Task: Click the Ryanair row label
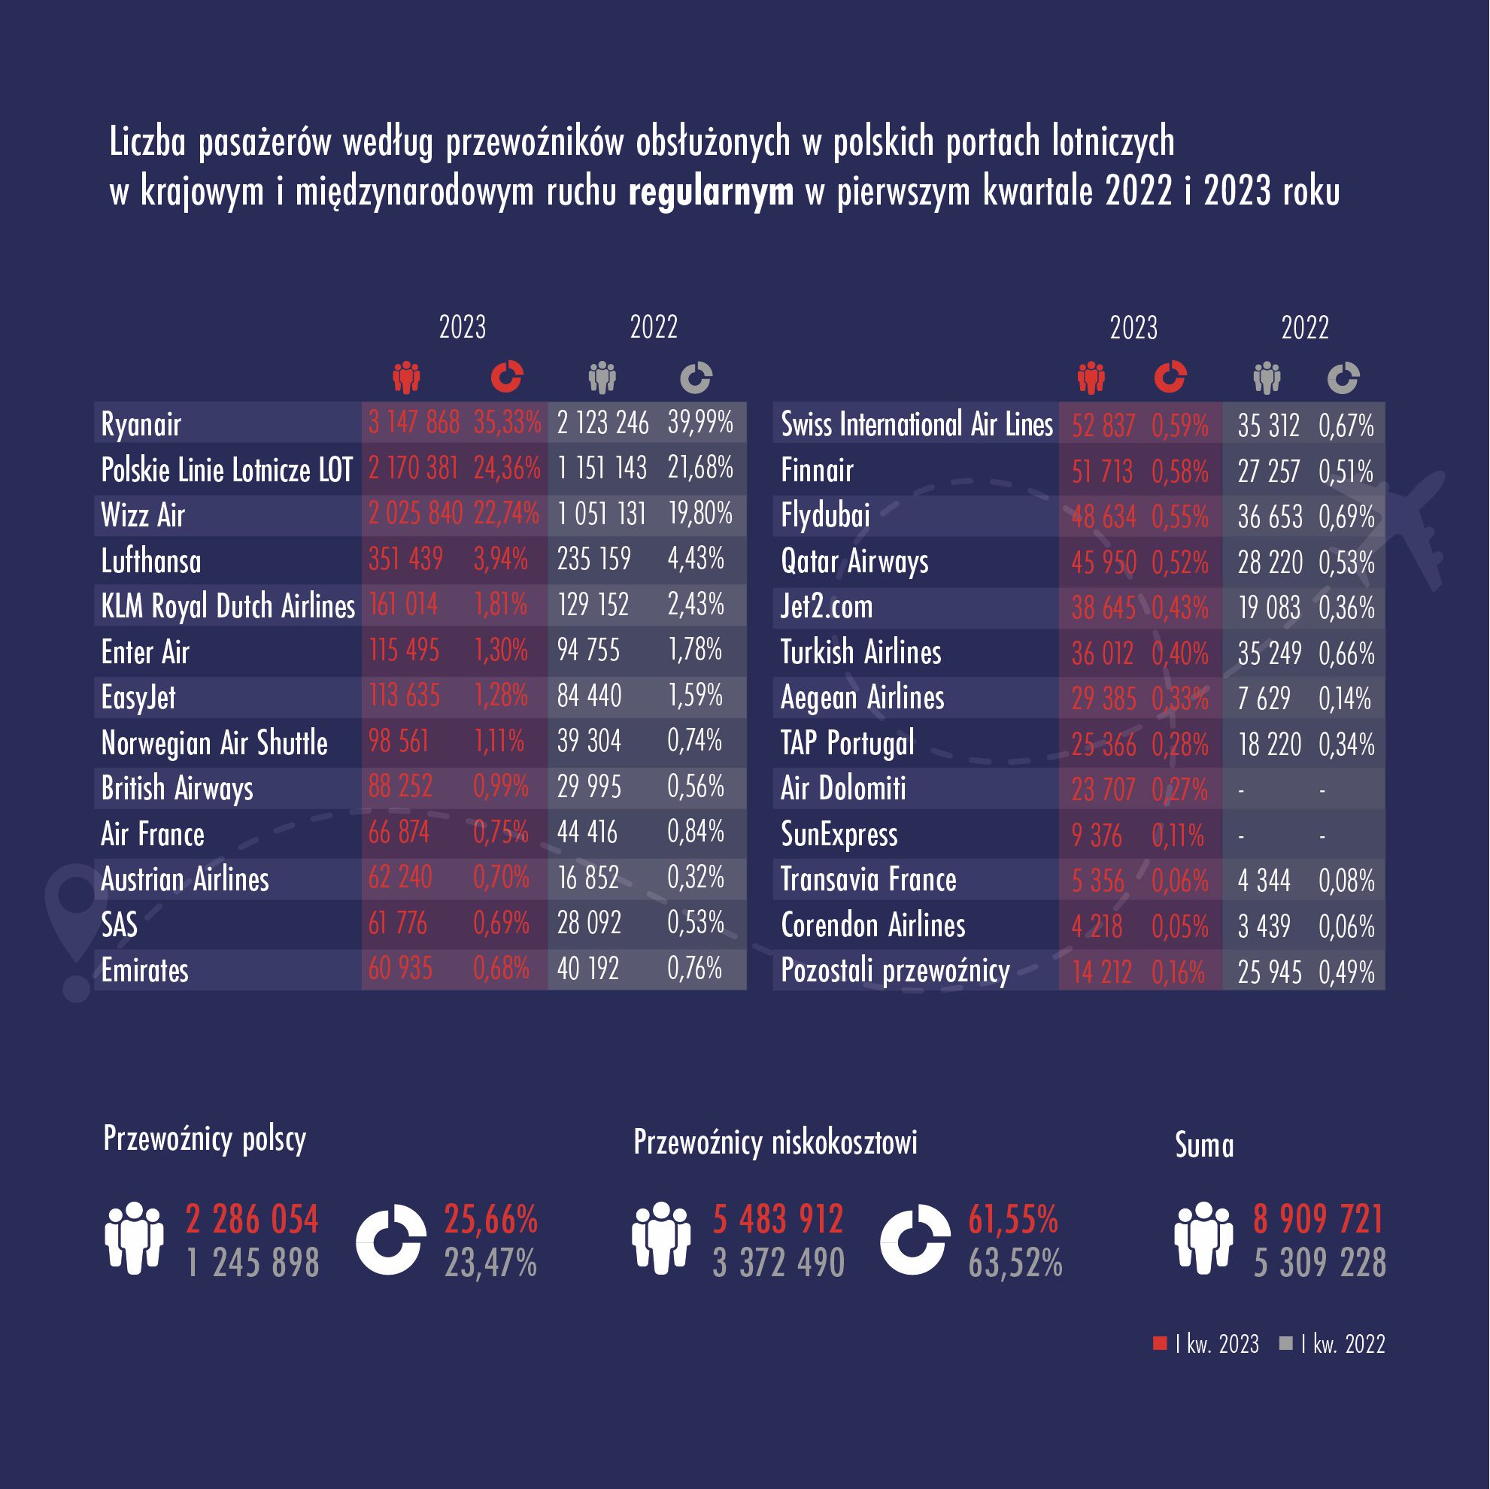click(x=141, y=424)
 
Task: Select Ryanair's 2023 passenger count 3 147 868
click(x=414, y=423)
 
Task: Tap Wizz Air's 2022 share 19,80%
click(x=700, y=514)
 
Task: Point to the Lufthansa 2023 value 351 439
click(x=405, y=559)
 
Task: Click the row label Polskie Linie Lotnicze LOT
click(x=226, y=469)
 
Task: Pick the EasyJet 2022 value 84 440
click(x=589, y=696)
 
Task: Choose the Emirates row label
click(x=145, y=970)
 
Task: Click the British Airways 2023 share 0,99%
click(x=500, y=787)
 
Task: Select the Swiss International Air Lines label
click(x=916, y=424)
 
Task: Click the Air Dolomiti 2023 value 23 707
click(x=1103, y=790)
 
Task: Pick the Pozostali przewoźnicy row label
click(x=894, y=971)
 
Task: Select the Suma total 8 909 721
click(x=1319, y=1219)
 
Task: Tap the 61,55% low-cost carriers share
click(x=1012, y=1219)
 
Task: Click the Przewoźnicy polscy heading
click(x=205, y=1139)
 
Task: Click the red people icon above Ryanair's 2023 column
click(x=405, y=377)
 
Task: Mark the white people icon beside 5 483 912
click(x=661, y=1238)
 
